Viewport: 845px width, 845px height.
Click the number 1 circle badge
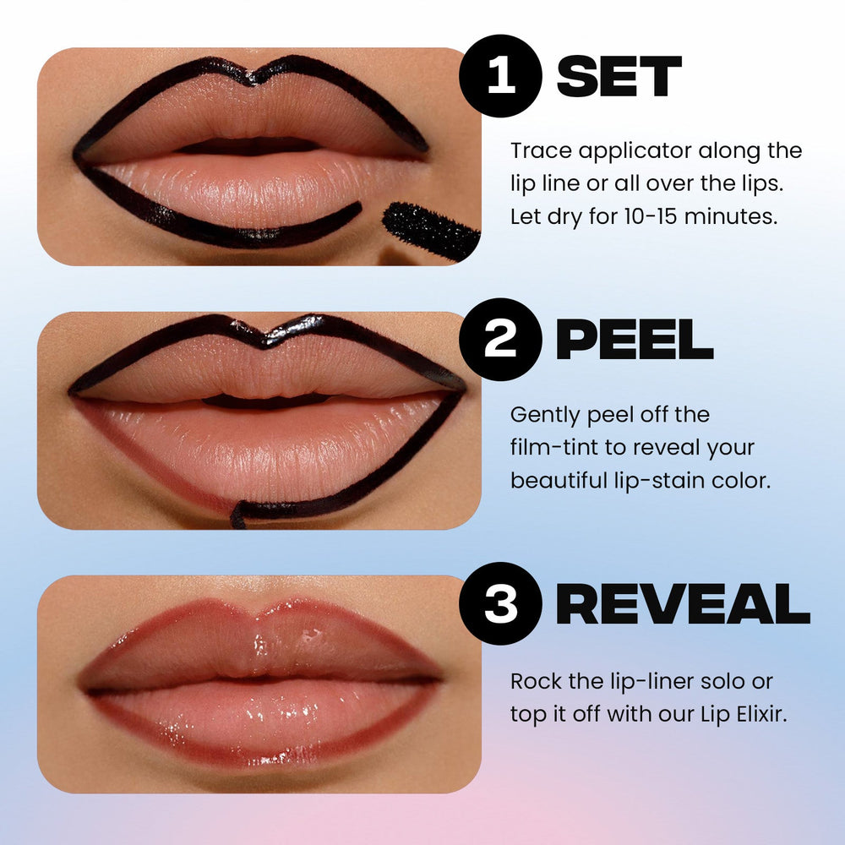[500, 76]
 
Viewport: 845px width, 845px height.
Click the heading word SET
[619, 78]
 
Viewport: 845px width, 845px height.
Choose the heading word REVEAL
[683, 604]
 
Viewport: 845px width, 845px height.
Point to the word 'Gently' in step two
[542, 416]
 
